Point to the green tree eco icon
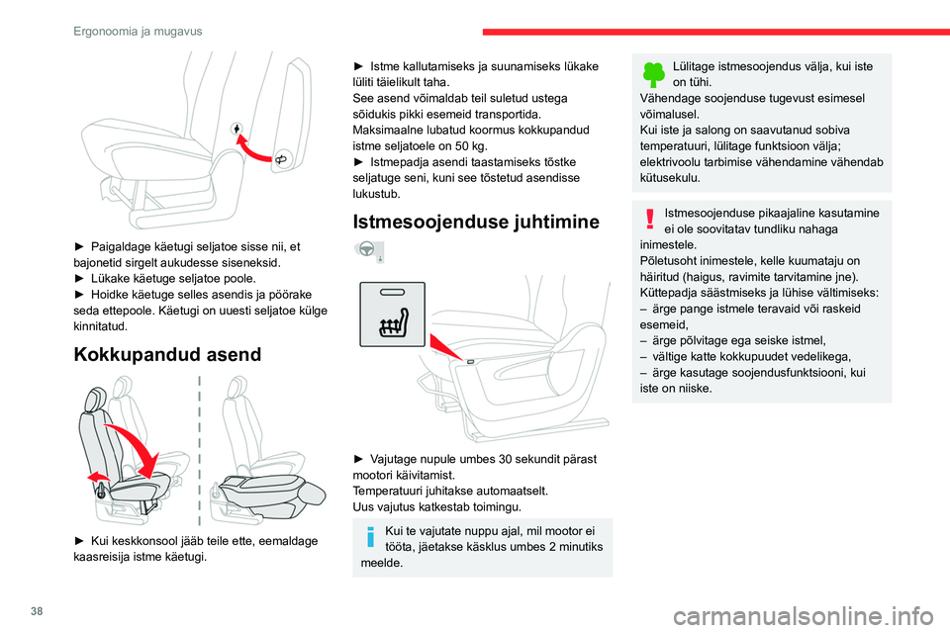pos(654,74)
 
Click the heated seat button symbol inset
pos(392,314)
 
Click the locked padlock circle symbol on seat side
pos(237,129)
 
